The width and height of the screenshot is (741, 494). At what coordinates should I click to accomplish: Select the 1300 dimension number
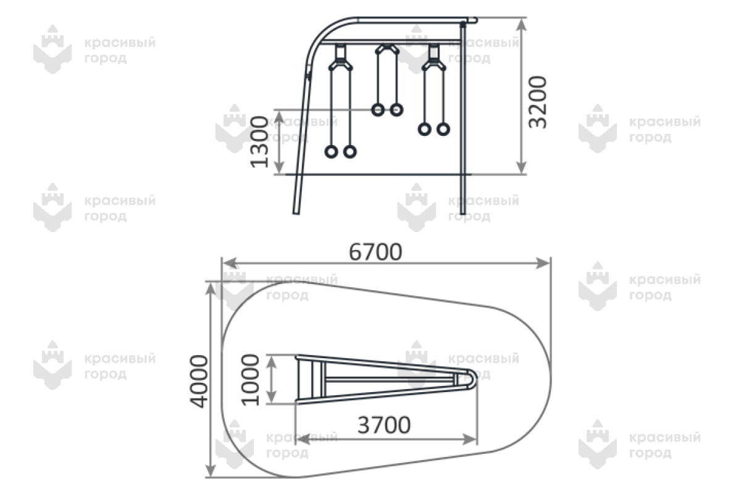click(259, 142)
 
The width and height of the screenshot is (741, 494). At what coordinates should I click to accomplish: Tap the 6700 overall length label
click(375, 252)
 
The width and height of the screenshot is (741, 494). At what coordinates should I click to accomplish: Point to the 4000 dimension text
click(199, 381)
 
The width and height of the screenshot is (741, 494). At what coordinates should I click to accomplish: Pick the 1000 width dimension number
click(251, 380)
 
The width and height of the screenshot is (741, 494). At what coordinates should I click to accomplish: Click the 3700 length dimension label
click(384, 425)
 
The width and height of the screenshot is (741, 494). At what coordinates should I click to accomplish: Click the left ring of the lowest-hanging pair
click(331, 152)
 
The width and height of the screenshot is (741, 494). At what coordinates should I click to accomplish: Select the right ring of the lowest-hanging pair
click(350, 152)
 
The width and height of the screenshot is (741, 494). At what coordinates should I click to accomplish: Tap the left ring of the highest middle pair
click(378, 110)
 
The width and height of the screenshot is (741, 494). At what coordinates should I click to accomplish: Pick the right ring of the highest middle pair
click(396, 110)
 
